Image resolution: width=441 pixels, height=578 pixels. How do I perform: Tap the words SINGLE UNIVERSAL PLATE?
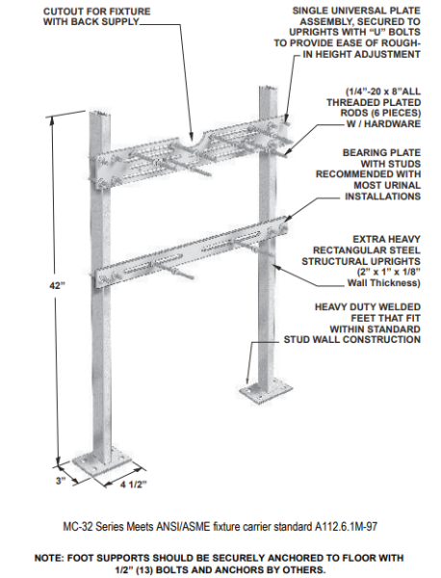[x=358, y=10]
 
